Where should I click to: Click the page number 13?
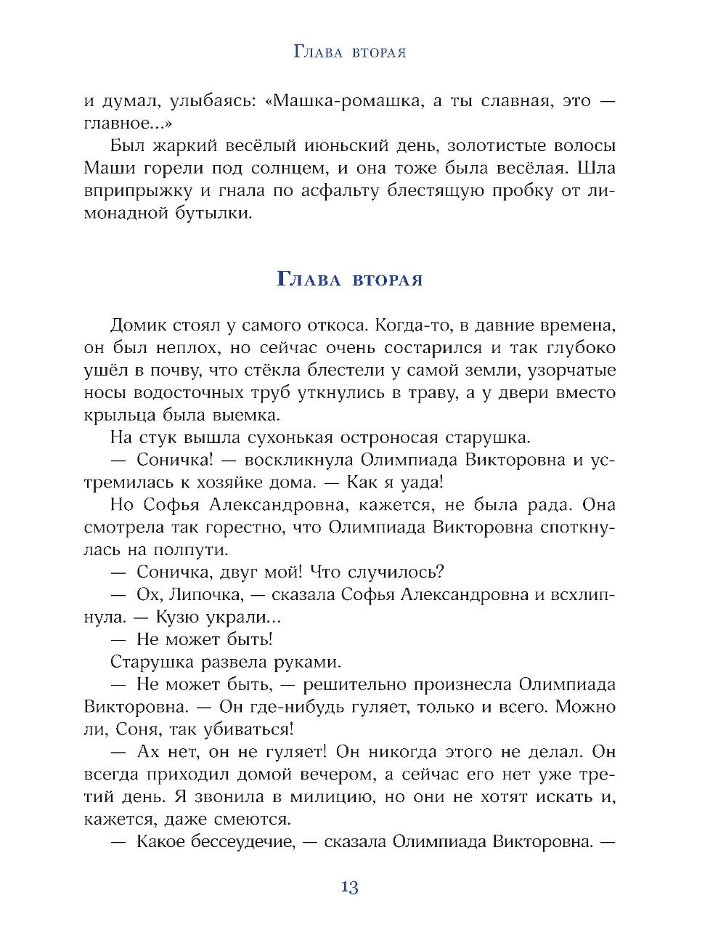coord(349,887)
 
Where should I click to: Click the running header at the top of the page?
coord(349,52)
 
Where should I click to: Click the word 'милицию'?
coord(324,796)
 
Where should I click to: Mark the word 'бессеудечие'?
coord(235,841)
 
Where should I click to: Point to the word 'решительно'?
coord(354,684)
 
